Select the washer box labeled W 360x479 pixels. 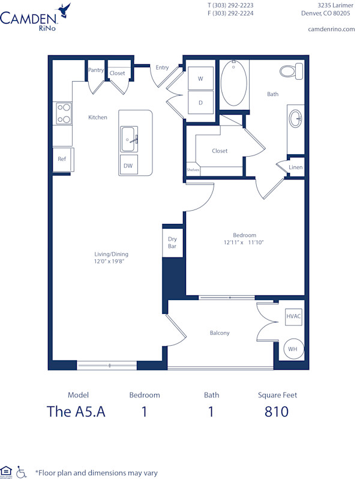(x=200, y=78)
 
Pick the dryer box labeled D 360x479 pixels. (x=200, y=102)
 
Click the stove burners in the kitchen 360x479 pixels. (x=64, y=113)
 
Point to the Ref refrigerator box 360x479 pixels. (x=62, y=159)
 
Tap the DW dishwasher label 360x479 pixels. (x=128, y=166)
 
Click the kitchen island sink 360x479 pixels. (x=129, y=139)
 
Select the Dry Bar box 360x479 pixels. (x=172, y=243)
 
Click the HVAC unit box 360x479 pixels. (x=293, y=316)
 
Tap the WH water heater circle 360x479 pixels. (x=293, y=349)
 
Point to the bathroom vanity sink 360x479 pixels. (x=295, y=118)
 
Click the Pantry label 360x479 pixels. (x=96, y=70)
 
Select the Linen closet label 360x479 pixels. (x=295, y=167)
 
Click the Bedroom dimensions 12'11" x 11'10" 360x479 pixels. (x=244, y=243)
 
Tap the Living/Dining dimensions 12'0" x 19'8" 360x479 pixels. (x=110, y=262)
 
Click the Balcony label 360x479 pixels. (x=220, y=333)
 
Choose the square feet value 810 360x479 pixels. (x=277, y=412)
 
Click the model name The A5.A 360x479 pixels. (x=76, y=412)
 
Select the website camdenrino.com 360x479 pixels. (x=331, y=29)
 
